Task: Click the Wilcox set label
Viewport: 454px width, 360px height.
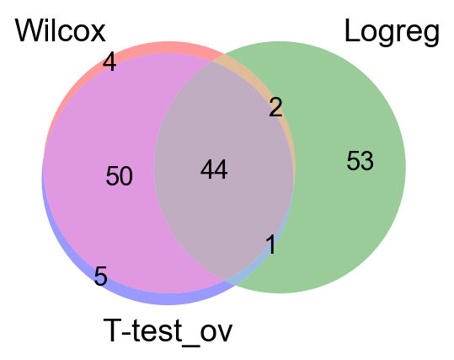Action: tap(61, 30)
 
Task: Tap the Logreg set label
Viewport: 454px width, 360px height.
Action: tap(392, 32)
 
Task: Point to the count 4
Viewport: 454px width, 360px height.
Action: tap(109, 62)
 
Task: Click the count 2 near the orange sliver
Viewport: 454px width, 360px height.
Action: tap(275, 107)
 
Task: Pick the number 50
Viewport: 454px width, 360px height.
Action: tap(120, 175)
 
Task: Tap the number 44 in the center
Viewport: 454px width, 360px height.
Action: tap(214, 169)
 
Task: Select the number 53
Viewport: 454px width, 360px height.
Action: tap(360, 160)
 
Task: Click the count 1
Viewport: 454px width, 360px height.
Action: tap(271, 244)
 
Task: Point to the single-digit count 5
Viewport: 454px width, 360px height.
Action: tap(101, 277)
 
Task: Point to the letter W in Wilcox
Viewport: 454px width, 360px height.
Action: tap(29, 31)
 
